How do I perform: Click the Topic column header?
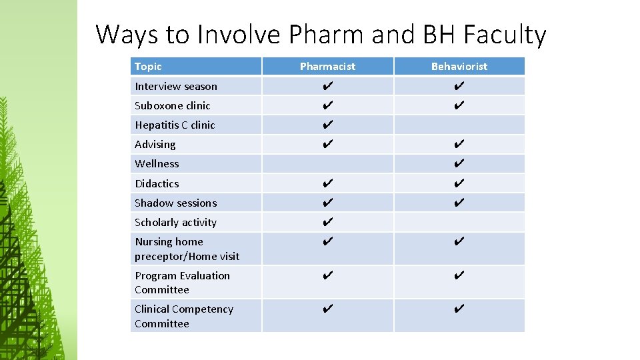coord(148,67)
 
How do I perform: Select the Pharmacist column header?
coord(327,67)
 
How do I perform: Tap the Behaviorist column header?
coord(459,67)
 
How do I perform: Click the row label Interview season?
coord(176,86)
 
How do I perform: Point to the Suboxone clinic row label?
coord(172,105)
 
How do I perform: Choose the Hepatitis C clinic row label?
coord(175,125)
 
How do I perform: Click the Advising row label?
coord(155,144)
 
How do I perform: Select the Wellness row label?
coord(157,163)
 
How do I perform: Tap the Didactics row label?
coord(157,183)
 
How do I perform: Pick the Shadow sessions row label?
coord(175,203)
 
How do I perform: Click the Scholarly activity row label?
coord(175,222)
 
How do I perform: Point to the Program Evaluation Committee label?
coord(182,282)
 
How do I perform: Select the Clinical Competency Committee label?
coord(183,316)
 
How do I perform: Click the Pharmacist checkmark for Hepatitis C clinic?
coord(327,125)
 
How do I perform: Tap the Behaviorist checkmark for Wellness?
coord(459,163)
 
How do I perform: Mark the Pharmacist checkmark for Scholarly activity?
coord(327,222)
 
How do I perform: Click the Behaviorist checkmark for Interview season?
coord(459,86)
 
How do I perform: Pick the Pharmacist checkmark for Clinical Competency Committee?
coord(327,309)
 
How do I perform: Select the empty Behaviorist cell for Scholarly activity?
coord(459,222)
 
